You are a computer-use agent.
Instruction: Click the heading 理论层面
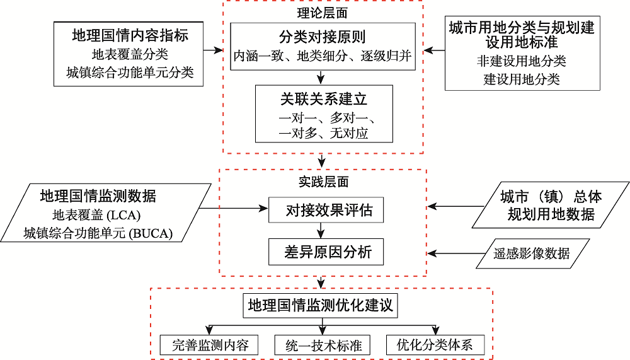323,12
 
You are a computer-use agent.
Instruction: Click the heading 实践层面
323,182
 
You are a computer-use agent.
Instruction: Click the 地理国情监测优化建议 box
321,306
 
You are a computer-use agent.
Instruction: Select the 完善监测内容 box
210,344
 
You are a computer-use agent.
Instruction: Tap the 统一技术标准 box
322,344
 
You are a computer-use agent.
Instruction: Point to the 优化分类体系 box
435,344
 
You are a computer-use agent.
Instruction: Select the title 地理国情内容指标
130,35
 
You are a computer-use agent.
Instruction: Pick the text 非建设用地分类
522,62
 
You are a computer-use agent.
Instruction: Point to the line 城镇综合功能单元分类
130,73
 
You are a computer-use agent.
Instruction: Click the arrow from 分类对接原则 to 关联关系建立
323,76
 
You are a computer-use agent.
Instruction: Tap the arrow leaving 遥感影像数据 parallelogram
457,253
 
